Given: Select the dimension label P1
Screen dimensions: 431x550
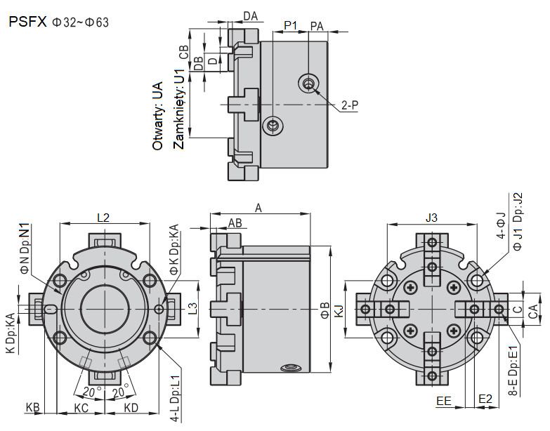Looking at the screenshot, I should [291, 25].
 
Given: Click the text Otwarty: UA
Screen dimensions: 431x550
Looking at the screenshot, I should [157, 116].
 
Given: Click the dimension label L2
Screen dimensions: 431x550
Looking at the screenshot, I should [103, 218].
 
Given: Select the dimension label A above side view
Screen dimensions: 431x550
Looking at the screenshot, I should [258, 208].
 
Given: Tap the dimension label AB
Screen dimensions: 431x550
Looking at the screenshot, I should [235, 223].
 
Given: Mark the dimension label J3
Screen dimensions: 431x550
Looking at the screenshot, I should [431, 218].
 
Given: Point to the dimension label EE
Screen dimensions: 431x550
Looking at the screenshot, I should [444, 400].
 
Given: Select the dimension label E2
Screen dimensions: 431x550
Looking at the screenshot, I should [485, 399].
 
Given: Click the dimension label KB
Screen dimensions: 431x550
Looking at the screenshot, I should [33, 408].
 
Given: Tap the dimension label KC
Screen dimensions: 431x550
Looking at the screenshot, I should [81, 408].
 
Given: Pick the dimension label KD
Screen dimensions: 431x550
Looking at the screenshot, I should [131, 408].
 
